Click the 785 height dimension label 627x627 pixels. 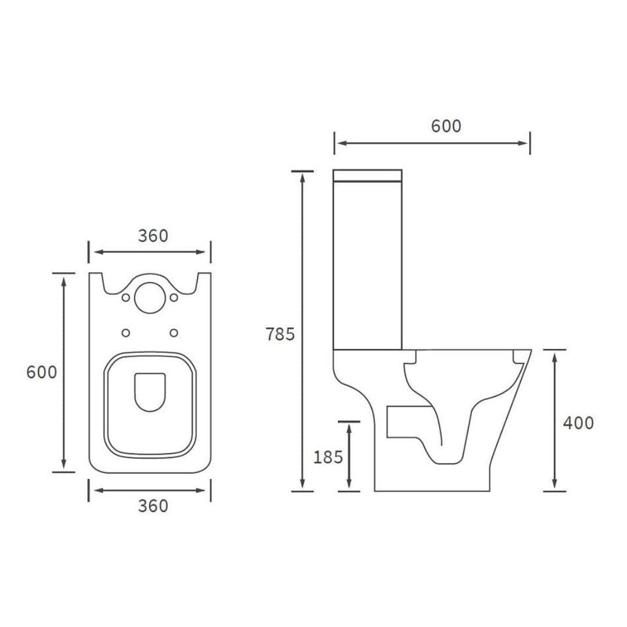point(280,334)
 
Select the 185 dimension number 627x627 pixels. point(328,457)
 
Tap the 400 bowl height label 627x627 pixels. point(578,423)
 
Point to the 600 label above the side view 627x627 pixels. point(446,126)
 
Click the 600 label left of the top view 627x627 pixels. point(42,372)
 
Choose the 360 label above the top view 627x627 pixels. point(153,236)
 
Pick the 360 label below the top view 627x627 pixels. point(153,506)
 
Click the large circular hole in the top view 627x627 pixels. point(150,297)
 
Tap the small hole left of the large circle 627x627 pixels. point(126,298)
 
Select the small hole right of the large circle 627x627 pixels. point(174,298)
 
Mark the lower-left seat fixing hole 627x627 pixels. point(126,333)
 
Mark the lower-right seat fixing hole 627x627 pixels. point(174,333)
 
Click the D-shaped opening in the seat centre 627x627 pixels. point(150,391)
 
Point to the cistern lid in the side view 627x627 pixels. point(367,175)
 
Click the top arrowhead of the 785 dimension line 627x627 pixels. point(302,176)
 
